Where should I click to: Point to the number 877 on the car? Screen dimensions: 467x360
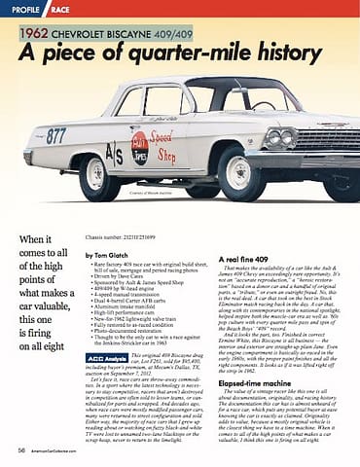55,136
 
